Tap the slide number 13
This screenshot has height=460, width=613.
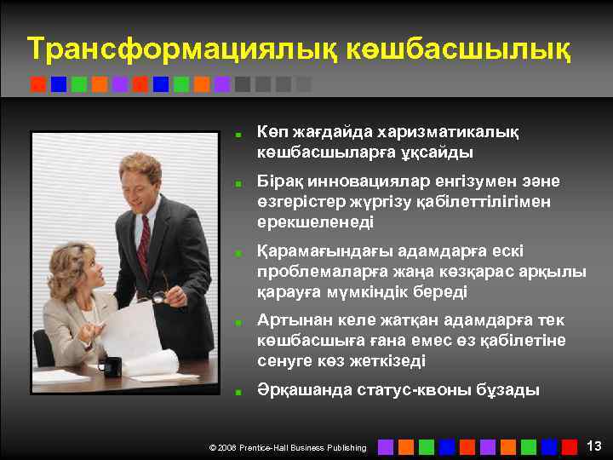click(x=594, y=446)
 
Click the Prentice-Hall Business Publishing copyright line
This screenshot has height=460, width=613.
click(x=288, y=447)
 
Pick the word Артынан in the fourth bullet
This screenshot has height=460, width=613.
click(x=289, y=320)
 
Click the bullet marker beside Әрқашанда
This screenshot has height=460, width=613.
click(x=241, y=392)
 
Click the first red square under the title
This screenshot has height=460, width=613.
click(x=37, y=84)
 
